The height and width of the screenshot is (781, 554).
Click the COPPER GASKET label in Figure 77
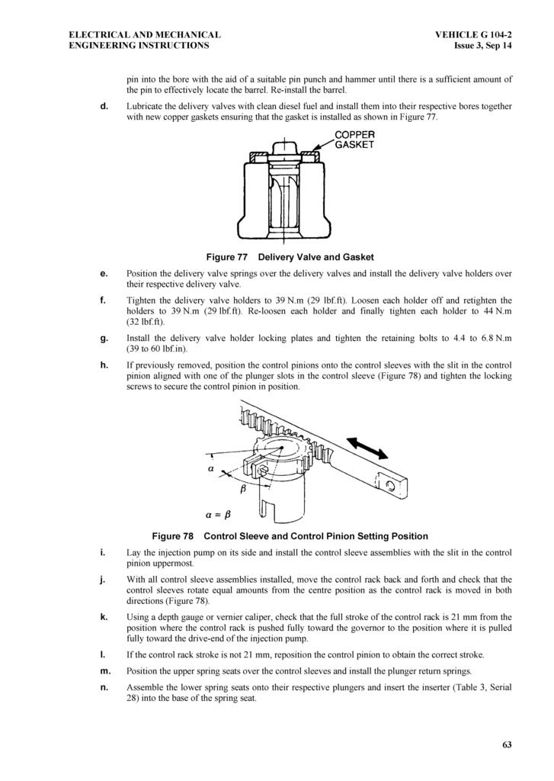[x=355, y=140]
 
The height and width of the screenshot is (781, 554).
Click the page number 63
[x=508, y=745]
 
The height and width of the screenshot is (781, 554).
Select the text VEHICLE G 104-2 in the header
[x=473, y=35]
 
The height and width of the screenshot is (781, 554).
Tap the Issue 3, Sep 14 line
[x=482, y=46]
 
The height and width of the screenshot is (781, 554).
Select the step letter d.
[x=104, y=106]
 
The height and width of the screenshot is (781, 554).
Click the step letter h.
[x=104, y=366]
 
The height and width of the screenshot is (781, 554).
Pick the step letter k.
[x=104, y=616]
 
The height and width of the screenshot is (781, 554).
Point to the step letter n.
[x=104, y=687]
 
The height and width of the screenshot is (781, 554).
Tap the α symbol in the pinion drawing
[x=210, y=470]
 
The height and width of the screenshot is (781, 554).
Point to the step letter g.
[x=104, y=338]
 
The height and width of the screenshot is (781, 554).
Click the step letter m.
[x=104, y=671]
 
